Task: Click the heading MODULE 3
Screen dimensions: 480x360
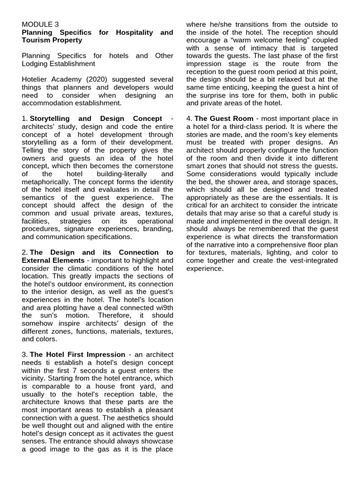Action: pyautogui.click(x=40, y=24)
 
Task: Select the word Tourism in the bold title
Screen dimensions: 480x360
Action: pyautogui.click(x=37, y=40)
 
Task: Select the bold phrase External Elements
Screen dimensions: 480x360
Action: pyautogui.click(x=53, y=260)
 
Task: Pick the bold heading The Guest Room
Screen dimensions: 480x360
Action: pyautogui.click(x=224, y=119)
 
